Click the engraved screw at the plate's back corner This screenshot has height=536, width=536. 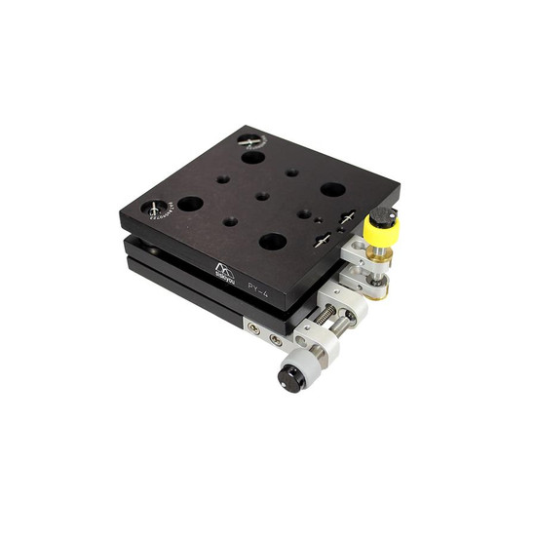[x=251, y=140]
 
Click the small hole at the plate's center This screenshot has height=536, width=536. [x=262, y=196]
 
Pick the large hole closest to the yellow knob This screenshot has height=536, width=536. [x=333, y=189]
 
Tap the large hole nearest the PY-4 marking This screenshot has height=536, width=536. [x=273, y=241]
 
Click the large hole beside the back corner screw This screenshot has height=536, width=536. [x=253, y=157]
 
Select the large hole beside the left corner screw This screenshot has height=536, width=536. [x=190, y=204]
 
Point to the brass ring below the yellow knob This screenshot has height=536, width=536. [x=379, y=262]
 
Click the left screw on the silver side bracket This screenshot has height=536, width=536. [x=254, y=330]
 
